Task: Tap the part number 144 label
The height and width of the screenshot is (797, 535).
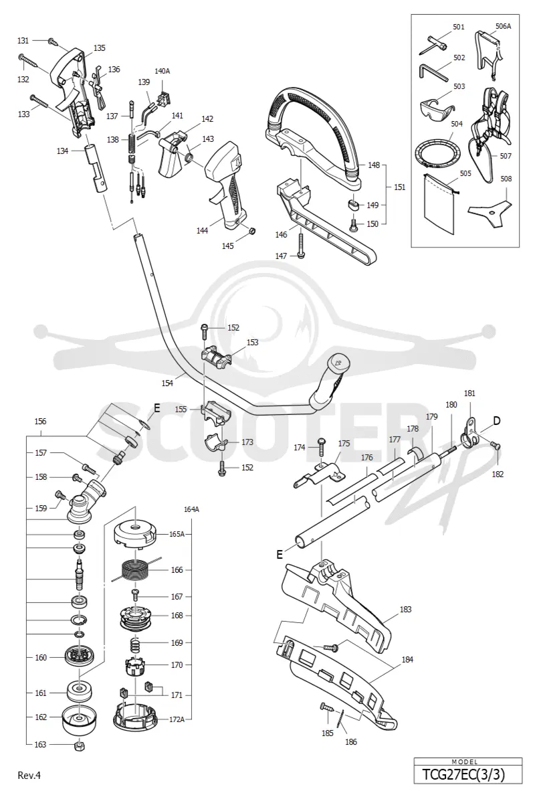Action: point(202,231)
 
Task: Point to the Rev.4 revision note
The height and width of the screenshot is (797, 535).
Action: point(29,775)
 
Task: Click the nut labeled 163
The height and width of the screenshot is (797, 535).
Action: point(80,745)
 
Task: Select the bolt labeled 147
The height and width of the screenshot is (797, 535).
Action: point(301,245)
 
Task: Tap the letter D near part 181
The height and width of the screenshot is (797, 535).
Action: point(496,421)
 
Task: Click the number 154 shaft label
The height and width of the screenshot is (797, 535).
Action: point(167,383)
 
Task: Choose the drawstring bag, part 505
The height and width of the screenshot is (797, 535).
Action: point(439,203)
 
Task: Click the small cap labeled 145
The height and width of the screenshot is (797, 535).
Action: point(251,232)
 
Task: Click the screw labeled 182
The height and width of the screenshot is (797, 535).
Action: point(496,446)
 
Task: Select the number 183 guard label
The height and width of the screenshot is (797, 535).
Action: point(405,609)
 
